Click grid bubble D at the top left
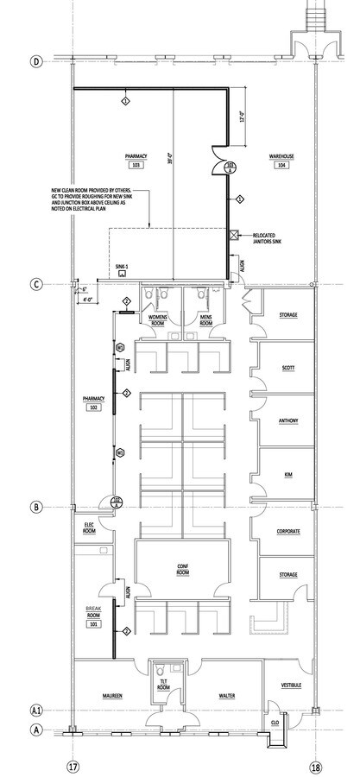point(36,61)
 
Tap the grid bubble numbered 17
point(73,765)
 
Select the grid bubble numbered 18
point(316,765)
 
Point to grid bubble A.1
point(36,710)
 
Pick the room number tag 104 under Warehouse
point(281,164)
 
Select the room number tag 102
point(92,406)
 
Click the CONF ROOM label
point(182,569)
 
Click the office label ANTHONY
point(288,420)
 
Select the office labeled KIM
point(288,475)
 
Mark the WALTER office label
point(228,694)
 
